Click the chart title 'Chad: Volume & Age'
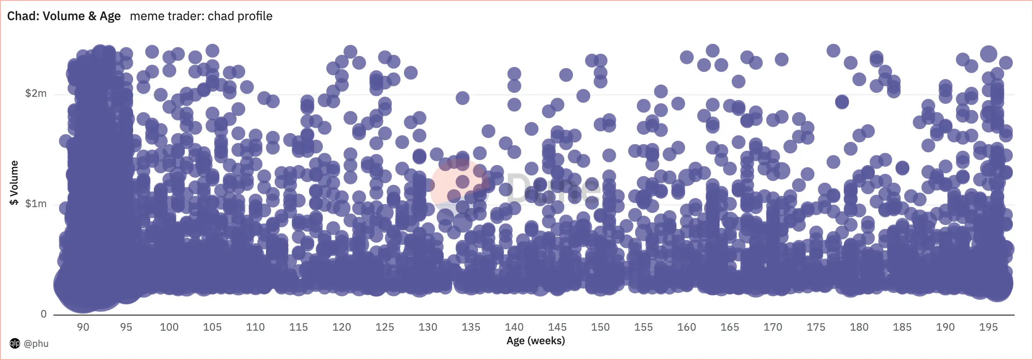click(64, 16)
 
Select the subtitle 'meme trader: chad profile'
click(201, 16)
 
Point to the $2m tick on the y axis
click(36, 93)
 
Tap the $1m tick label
click(36, 204)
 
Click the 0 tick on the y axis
click(43, 314)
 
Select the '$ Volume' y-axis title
click(14, 183)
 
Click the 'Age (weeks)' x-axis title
click(535, 341)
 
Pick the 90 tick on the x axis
click(83, 327)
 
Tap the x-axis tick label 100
click(169, 327)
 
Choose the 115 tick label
click(298, 327)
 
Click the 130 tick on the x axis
click(428, 327)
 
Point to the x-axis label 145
click(557, 327)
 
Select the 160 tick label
click(686, 327)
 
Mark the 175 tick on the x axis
click(816, 327)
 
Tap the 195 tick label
click(988, 327)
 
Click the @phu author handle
click(36, 343)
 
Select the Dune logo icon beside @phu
click(15, 343)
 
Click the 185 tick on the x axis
click(902, 327)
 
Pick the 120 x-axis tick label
click(341, 327)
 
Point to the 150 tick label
click(600, 327)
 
